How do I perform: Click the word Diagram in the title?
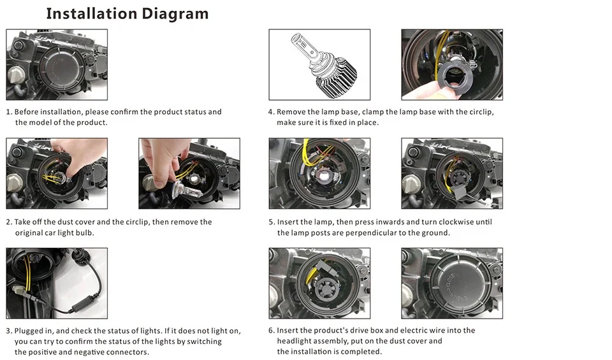click(x=177, y=13)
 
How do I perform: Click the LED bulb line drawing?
click(x=319, y=64)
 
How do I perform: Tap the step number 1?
click(x=9, y=112)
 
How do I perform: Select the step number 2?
click(x=9, y=222)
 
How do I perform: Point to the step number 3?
click(x=9, y=331)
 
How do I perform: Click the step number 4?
click(x=271, y=112)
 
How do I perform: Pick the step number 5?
click(x=271, y=222)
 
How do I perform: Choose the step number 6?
click(x=271, y=331)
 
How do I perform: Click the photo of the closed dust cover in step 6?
click(x=451, y=283)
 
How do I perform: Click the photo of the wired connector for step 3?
click(x=57, y=283)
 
